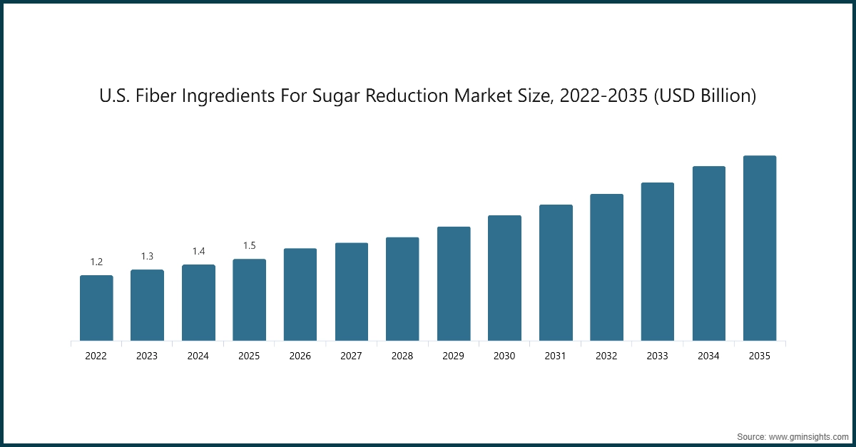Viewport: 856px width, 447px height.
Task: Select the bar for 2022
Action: pos(96,308)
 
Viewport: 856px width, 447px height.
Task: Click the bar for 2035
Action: pos(760,248)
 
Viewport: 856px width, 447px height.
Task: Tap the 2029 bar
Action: pos(454,284)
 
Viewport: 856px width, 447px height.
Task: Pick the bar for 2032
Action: pos(606,267)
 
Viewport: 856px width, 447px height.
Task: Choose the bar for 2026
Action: pos(300,294)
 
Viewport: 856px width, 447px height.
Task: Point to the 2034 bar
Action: pos(708,253)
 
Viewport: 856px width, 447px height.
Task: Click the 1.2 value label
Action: pos(96,262)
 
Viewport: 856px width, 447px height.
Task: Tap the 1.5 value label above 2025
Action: pos(249,246)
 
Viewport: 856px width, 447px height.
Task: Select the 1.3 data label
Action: pos(147,257)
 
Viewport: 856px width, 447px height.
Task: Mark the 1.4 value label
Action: pos(198,252)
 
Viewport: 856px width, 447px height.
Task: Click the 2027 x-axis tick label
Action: pos(351,356)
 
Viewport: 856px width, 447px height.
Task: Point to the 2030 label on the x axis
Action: pos(504,356)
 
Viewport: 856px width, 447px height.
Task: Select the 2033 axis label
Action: pos(658,356)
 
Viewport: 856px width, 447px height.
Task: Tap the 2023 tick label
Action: pos(147,356)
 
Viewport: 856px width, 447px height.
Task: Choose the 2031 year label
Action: pos(556,356)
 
